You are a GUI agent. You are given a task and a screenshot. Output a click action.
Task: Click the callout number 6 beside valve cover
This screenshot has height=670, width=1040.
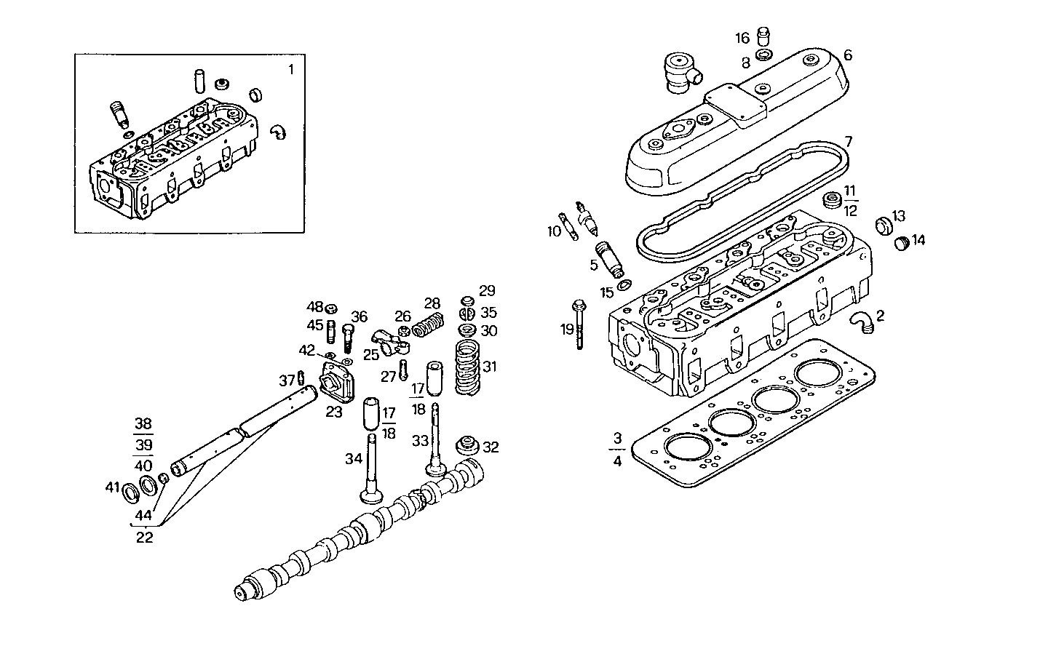click(x=848, y=55)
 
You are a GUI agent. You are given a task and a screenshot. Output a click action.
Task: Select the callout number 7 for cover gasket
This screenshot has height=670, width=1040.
click(x=848, y=140)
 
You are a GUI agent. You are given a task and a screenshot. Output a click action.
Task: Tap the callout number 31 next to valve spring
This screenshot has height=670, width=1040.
click(x=490, y=367)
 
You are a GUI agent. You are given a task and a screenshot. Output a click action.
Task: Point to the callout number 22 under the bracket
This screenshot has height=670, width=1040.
click(x=145, y=538)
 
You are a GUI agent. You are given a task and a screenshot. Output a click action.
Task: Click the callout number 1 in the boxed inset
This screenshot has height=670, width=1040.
click(x=291, y=70)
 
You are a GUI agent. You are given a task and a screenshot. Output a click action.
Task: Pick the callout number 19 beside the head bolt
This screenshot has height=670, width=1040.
click(x=567, y=330)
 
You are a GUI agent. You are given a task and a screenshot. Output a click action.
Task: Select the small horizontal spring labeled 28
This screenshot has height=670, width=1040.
click(x=429, y=325)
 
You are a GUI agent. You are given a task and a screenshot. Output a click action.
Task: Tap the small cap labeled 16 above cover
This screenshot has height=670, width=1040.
click(x=763, y=36)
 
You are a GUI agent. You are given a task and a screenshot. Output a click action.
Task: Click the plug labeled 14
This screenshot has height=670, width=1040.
click(x=901, y=242)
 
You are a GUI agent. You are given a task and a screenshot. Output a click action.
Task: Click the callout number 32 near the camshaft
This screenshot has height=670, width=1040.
click(x=491, y=447)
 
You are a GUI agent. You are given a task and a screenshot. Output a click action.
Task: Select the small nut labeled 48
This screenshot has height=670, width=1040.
click(x=330, y=307)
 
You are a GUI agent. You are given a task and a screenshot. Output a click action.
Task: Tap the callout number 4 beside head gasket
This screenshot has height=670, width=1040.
click(x=617, y=460)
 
